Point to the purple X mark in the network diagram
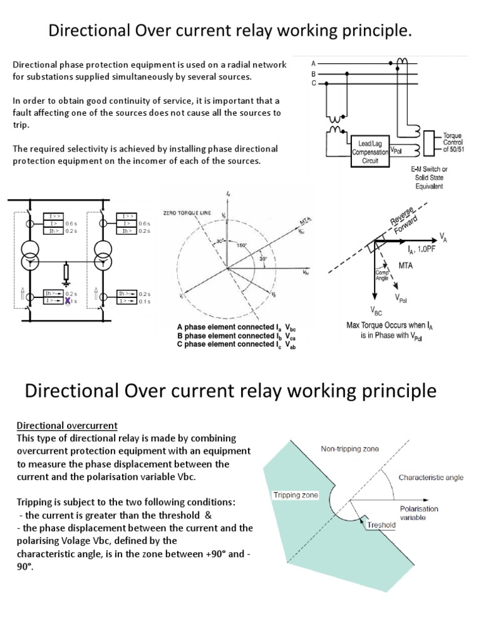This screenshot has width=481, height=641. (x=68, y=301)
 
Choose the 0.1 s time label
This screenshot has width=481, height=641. (x=145, y=302)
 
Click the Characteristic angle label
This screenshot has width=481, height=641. (x=431, y=478)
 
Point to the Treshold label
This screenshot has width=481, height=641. (x=381, y=525)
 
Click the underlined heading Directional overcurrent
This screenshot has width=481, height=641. (x=66, y=426)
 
